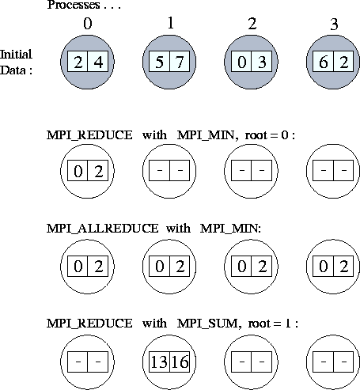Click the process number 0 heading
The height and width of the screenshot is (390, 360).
88,24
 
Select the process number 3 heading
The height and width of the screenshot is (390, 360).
334,25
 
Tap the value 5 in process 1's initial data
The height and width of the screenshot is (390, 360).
159,62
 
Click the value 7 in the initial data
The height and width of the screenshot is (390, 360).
180,62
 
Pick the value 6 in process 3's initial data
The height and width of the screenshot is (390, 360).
324,62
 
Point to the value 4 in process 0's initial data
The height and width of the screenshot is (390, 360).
98,62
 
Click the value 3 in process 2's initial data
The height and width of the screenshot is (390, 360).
262,62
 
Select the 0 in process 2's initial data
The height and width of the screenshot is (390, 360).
241,62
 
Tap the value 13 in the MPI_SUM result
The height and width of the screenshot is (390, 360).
159,362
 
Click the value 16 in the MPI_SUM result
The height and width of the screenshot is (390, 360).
180,362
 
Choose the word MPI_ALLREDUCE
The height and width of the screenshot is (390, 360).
103,229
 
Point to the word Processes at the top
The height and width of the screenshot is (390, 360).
74,5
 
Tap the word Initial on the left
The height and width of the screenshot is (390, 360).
16,55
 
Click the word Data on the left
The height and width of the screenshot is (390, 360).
13,70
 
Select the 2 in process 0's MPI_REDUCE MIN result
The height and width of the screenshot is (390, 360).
98,172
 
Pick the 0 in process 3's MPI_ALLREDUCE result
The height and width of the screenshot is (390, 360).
324,267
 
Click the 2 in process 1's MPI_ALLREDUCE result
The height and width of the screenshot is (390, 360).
180,267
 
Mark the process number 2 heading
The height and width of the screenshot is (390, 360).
252,24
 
